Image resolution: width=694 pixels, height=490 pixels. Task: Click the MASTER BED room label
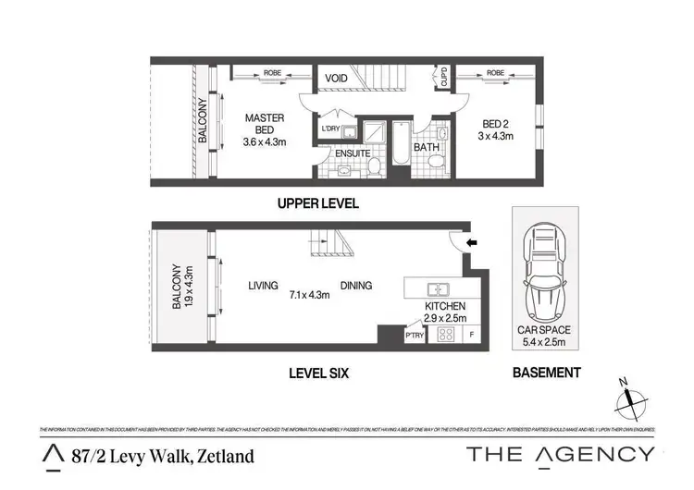[264, 119]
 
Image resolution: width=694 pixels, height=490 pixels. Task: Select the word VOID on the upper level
[336, 79]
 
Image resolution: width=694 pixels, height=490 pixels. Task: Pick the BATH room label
[426, 147]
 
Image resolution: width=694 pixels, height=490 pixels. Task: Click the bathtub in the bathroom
[400, 144]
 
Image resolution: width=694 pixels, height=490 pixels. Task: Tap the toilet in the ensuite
[375, 166]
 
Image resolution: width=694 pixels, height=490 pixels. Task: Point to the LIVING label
[263, 286]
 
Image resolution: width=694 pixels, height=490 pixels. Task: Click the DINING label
[356, 286]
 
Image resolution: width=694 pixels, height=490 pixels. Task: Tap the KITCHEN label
[444, 306]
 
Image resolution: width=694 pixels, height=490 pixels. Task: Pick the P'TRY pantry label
[414, 337]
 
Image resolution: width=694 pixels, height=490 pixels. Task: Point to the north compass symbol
[631, 398]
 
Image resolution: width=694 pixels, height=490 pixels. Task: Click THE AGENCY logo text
[561, 454]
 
